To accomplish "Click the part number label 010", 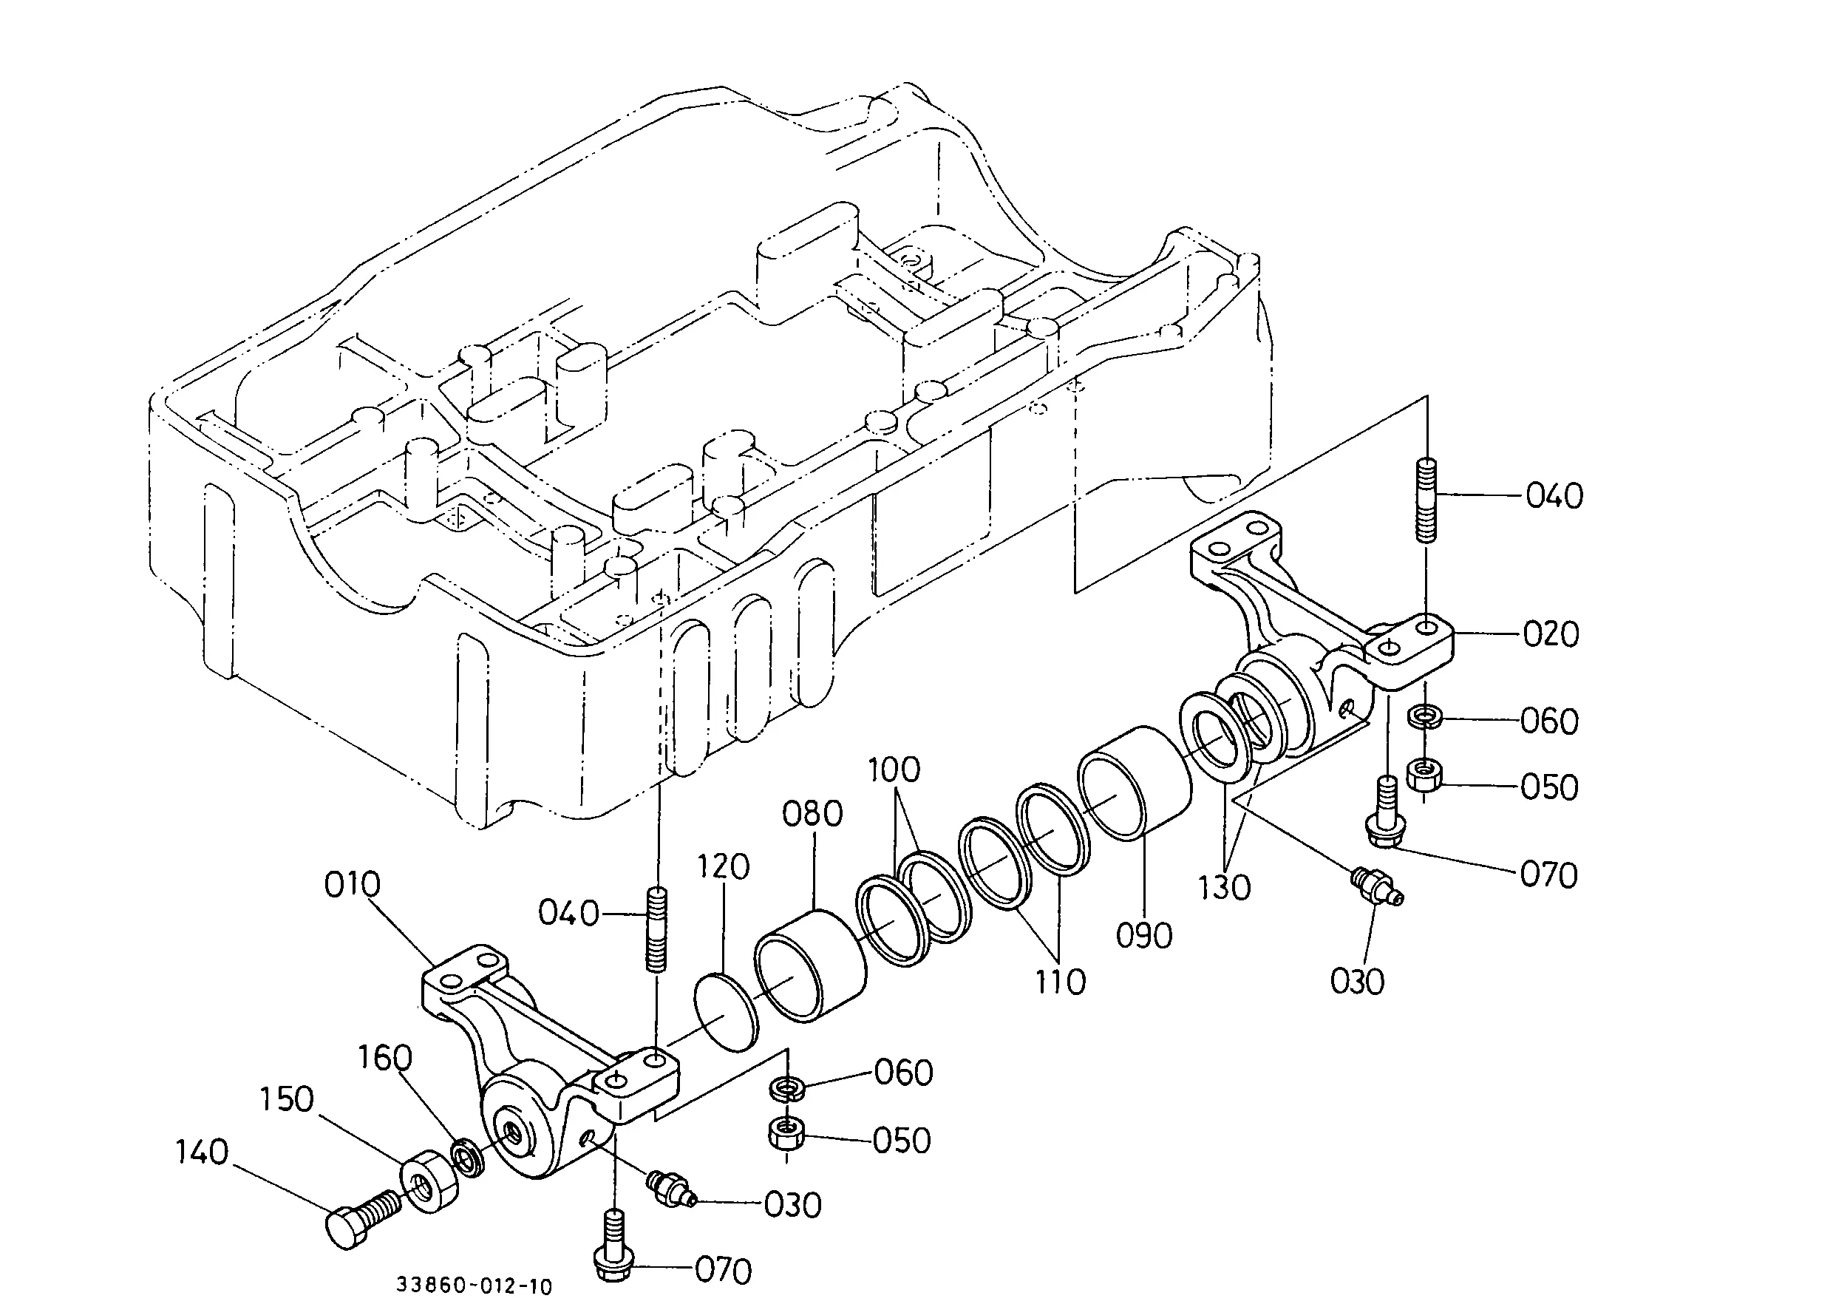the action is click(352, 885).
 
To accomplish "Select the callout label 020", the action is click(1551, 634).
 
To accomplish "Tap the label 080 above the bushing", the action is click(812, 814).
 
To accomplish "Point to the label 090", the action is click(1144, 935).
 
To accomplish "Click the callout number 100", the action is click(894, 770).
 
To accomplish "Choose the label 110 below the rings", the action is click(1061, 981).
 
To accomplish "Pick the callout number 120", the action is click(723, 867).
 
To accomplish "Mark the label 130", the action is click(1225, 887).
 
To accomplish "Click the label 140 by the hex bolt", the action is click(203, 1152).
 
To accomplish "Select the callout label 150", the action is click(287, 1099).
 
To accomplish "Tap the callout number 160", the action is click(384, 1058).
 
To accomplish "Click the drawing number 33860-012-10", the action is click(474, 1286).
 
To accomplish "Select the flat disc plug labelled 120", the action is click(725, 1013).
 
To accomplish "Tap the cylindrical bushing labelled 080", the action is click(810, 965).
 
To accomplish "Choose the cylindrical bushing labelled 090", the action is click(1134, 783).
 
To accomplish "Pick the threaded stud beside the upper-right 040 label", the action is click(1426, 500).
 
